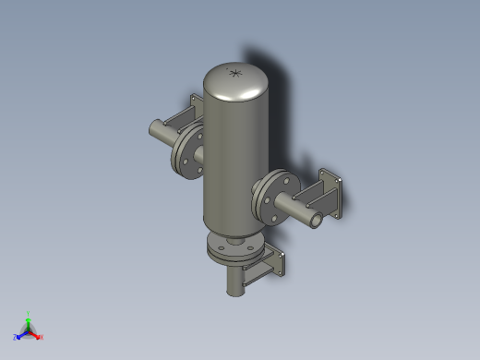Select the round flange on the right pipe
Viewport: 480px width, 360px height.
(273, 196)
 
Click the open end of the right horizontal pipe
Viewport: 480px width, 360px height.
(316, 221)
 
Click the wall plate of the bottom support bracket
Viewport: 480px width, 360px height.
(279, 264)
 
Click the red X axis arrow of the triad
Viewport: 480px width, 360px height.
(36, 334)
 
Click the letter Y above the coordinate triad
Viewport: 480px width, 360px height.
(29, 314)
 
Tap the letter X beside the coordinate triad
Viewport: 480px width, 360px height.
(42, 337)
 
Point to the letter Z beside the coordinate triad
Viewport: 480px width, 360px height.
(16, 338)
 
